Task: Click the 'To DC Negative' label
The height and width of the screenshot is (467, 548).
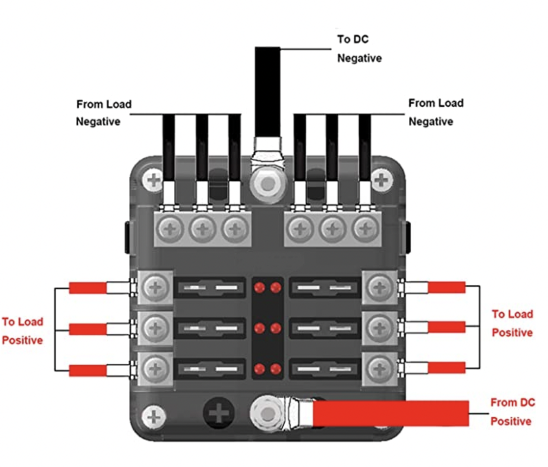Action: (x=359, y=49)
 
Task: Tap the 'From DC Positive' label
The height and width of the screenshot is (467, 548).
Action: (x=512, y=412)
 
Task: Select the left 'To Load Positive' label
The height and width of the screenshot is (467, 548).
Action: (x=22, y=331)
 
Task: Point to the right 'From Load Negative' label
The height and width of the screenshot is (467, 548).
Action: (x=435, y=112)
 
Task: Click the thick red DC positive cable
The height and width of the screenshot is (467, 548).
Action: (x=390, y=414)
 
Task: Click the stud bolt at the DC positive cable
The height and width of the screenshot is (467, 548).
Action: (x=267, y=414)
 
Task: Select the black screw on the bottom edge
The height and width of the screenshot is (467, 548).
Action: (x=218, y=414)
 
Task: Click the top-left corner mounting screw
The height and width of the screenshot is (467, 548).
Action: (x=153, y=181)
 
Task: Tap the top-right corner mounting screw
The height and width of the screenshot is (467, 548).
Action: (x=381, y=181)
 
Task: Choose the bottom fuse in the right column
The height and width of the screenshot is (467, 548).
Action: (x=325, y=369)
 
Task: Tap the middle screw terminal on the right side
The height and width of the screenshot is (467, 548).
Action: (x=380, y=328)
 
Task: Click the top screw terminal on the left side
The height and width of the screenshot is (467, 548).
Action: (x=155, y=287)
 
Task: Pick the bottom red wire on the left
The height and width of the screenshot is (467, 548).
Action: (x=88, y=370)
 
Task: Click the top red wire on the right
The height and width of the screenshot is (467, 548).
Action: (x=446, y=287)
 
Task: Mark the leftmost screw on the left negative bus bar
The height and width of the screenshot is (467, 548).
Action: (x=170, y=229)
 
